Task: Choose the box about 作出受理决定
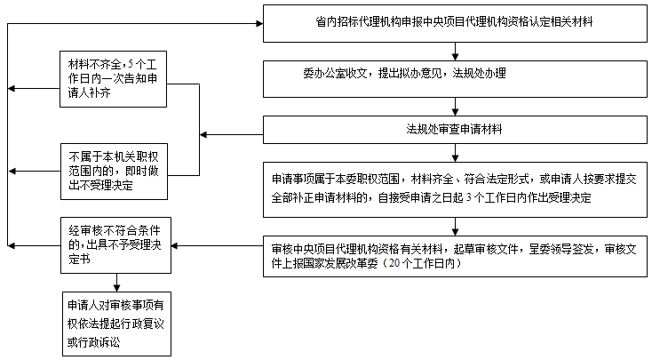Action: [x=455, y=187]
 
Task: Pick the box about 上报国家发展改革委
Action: [x=455, y=254]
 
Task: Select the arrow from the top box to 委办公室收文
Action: [x=455, y=52]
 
